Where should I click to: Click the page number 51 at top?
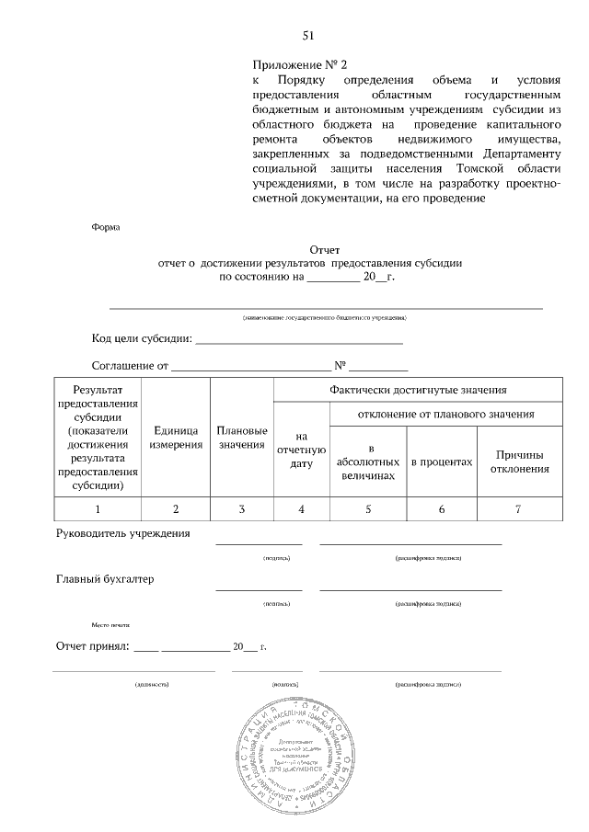coord(308,36)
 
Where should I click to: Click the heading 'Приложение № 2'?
coord(301,66)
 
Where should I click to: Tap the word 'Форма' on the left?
coord(106,226)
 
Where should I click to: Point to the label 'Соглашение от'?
coord(131,366)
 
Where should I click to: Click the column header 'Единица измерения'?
coord(176,438)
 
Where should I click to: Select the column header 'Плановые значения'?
coord(241,438)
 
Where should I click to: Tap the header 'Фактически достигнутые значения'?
coord(418,390)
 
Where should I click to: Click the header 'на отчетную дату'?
coord(301,450)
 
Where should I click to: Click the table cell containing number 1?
coord(98,508)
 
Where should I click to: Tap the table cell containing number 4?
coord(301,508)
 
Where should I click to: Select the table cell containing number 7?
coord(518,508)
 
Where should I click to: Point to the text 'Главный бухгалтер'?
coord(106,580)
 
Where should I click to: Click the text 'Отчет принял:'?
coord(93,646)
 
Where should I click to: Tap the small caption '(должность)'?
coord(151,685)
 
